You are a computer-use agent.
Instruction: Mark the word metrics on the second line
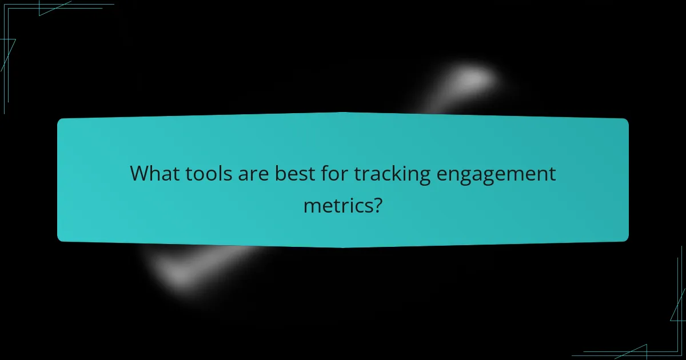coord(336,204)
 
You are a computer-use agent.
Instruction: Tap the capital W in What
coord(141,174)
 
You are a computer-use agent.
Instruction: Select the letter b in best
coord(280,174)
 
